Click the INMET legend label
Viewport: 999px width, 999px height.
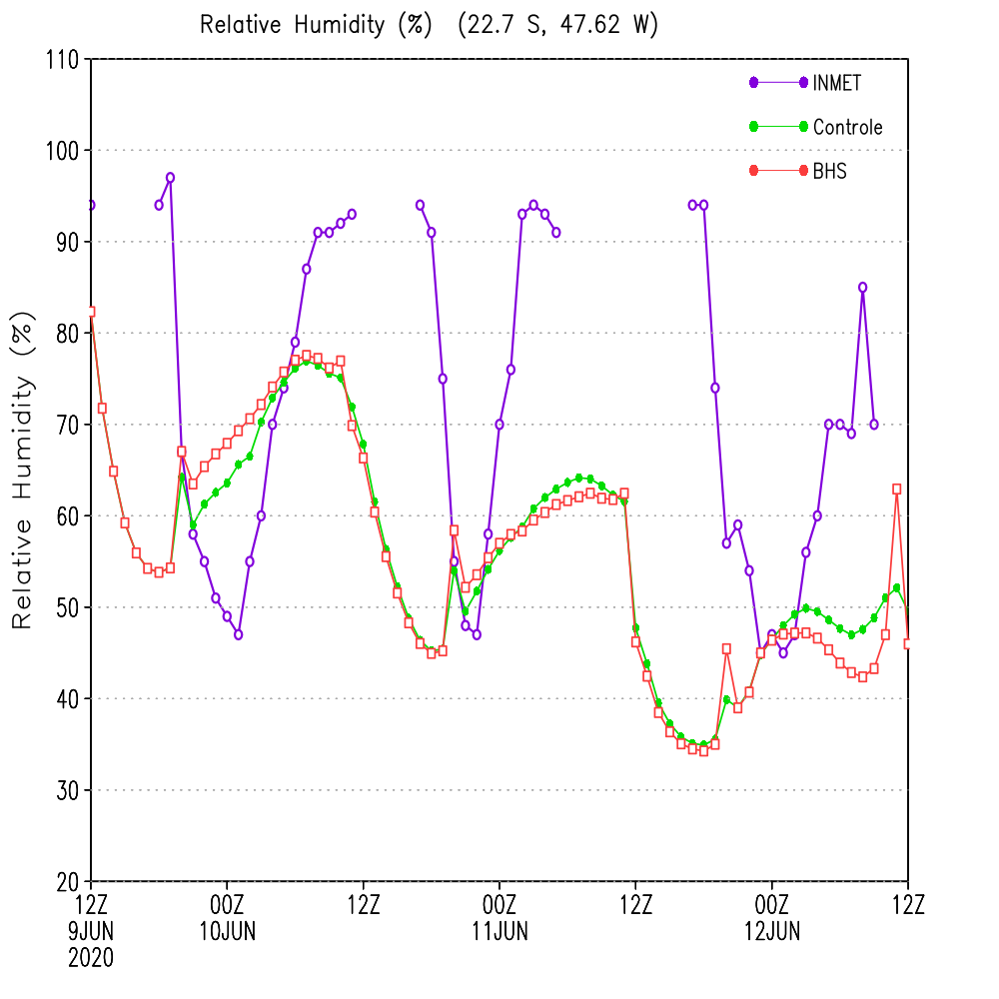(x=836, y=83)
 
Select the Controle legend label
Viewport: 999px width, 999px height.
(x=847, y=127)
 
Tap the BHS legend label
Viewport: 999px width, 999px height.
(x=829, y=171)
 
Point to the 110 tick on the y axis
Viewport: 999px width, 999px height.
(x=62, y=60)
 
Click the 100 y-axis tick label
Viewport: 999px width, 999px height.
(x=62, y=151)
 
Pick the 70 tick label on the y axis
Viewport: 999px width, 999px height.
(x=67, y=425)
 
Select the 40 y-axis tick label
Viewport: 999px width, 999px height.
(x=67, y=699)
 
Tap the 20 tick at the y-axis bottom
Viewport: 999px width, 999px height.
(x=67, y=882)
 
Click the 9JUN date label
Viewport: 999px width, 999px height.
(x=91, y=931)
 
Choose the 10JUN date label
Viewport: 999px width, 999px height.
(x=228, y=931)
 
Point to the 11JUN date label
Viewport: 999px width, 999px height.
(x=500, y=931)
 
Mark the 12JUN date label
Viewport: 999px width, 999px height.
(x=772, y=931)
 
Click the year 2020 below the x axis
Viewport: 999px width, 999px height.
(x=91, y=958)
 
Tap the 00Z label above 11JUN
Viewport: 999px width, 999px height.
(x=499, y=905)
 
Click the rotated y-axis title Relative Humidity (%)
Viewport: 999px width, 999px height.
(x=22, y=471)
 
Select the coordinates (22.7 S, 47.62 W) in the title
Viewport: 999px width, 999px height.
(x=558, y=25)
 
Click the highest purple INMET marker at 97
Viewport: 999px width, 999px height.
(x=170, y=178)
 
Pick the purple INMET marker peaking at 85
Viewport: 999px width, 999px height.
(x=863, y=288)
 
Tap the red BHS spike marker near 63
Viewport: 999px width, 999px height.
(x=897, y=490)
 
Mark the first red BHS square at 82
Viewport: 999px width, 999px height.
(x=91, y=312)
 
